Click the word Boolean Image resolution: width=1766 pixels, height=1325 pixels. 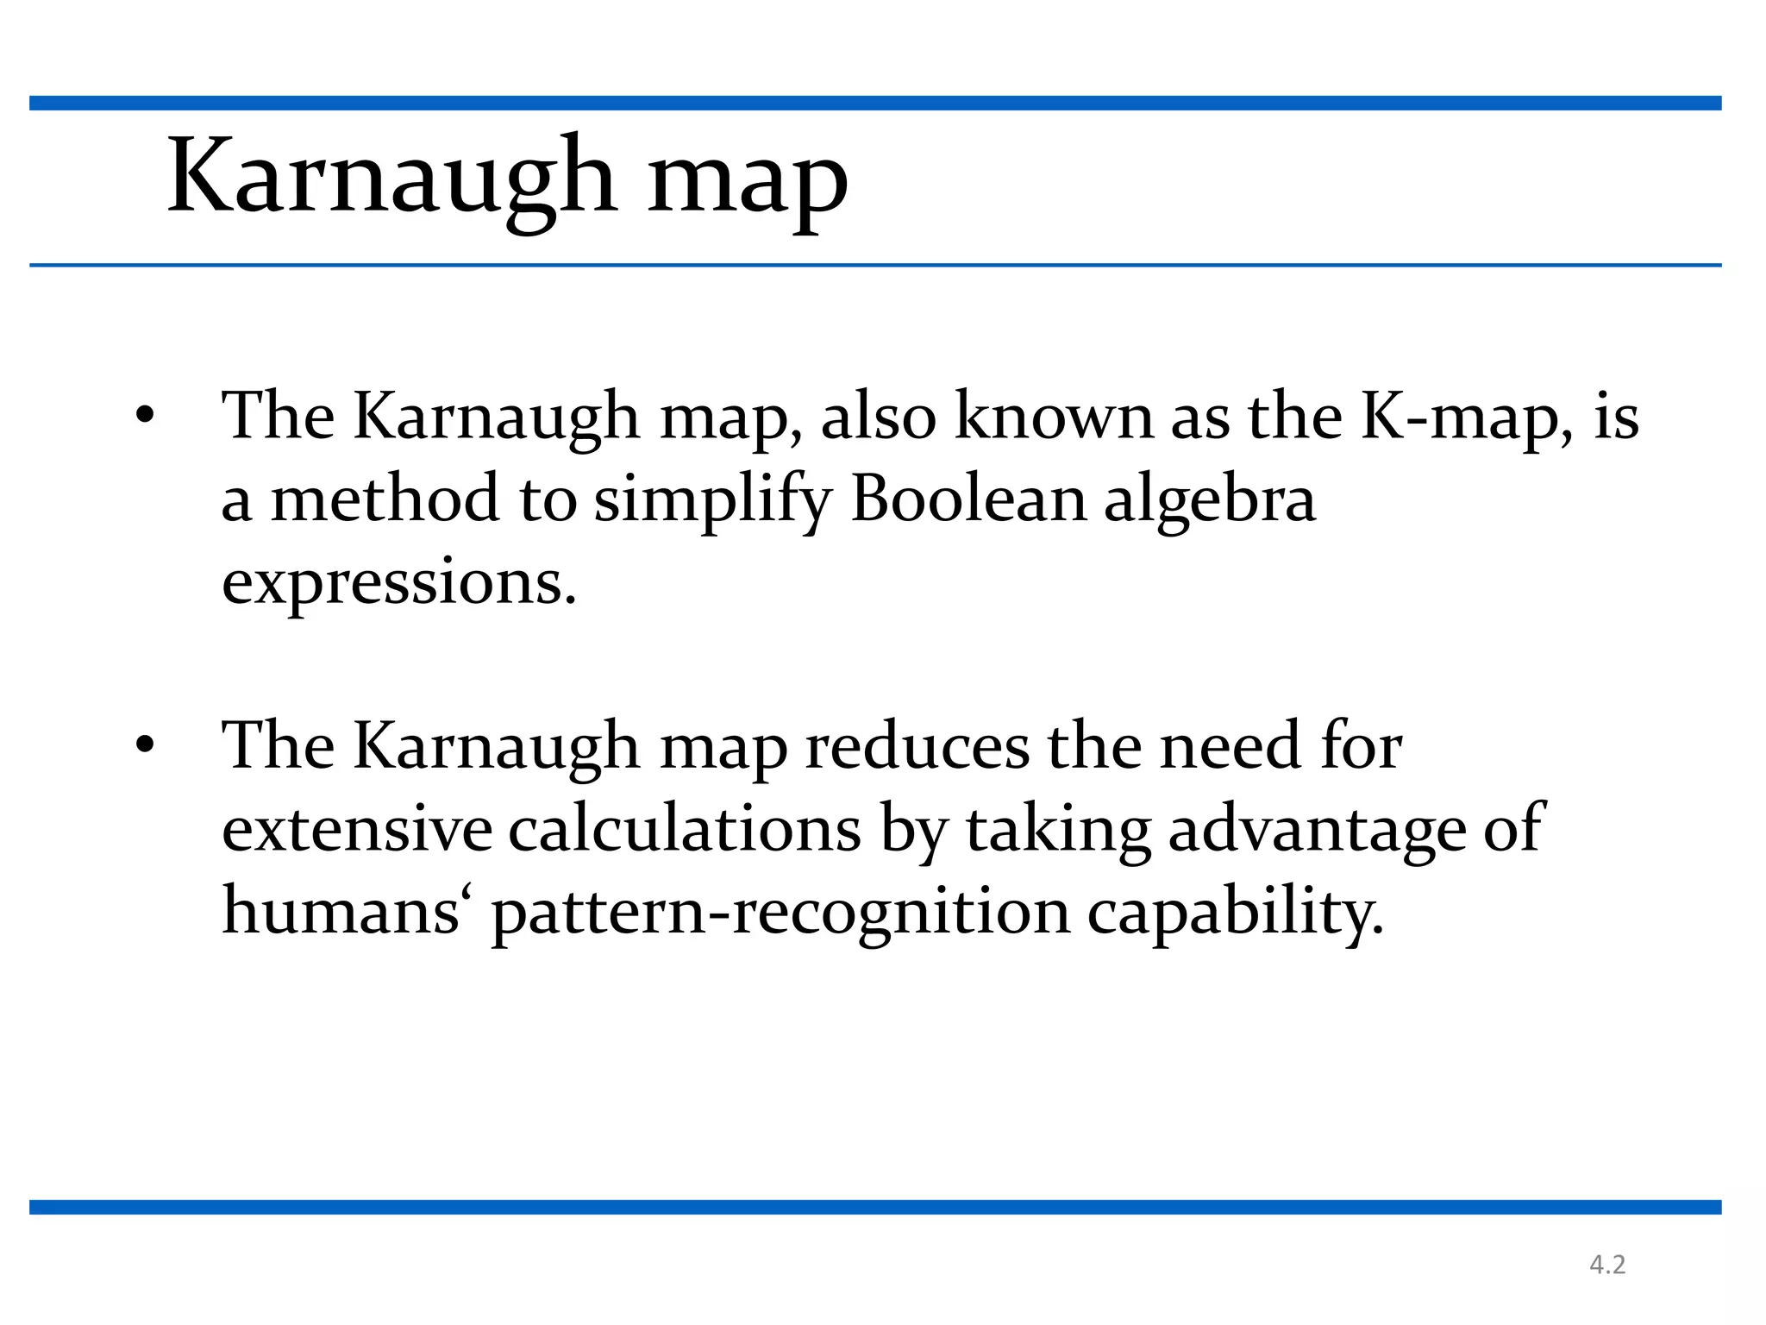click(x=968, y=499)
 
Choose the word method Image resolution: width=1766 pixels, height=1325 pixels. click(x=385, y=499)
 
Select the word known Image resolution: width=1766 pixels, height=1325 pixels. click(x=1055, y=417)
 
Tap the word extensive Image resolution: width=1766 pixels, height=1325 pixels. click(x=357, y=829)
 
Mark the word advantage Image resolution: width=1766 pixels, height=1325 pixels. click(x=1318, y=831)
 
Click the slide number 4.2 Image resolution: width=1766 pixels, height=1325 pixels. click(x=1607, y=1265)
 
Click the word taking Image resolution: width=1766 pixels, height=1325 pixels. click(x=1058, y=831)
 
